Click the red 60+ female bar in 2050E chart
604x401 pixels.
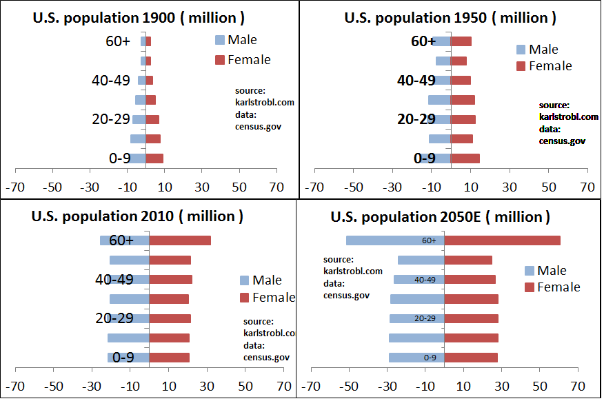click(502, 240)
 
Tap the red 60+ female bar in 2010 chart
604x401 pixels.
click(180, 240)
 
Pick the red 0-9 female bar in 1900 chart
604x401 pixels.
click(154, 158)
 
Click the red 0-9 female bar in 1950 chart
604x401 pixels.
click(465, 158)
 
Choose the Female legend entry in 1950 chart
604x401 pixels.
click(544, 66)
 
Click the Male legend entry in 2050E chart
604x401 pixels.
click(545, 271)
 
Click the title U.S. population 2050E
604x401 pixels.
click(441, 217)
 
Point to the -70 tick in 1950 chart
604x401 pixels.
click(314, 186)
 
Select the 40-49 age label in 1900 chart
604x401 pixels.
click(111, 81)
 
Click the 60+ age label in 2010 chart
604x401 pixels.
click(121, 240)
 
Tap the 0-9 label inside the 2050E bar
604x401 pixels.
click(430, 358)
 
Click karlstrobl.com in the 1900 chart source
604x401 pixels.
click(265, 102)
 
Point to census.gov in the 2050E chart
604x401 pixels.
click(346, 295)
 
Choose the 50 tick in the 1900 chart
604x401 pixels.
click(239, 186)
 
